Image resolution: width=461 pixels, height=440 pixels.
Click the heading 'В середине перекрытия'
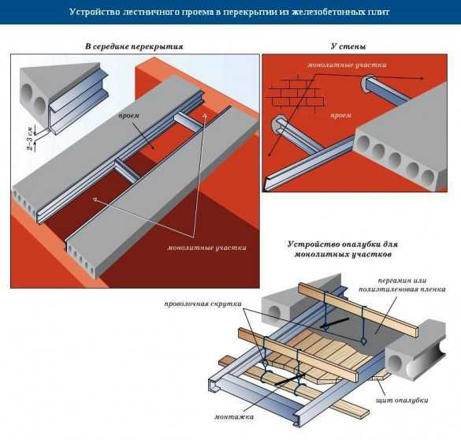click(134, 47)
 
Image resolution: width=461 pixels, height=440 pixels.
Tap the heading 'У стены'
click(348, 47)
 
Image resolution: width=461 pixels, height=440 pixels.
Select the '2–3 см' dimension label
click(31, 138)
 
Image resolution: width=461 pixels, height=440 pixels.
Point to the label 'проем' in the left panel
click(128, 115)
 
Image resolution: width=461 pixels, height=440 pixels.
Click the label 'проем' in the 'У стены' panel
click(340, 115)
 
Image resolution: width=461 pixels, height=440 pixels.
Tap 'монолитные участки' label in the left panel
click(206, 248)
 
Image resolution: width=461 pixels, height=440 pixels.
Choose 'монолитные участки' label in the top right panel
click(347, 65)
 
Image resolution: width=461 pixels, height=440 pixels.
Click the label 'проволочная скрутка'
click(203, 304)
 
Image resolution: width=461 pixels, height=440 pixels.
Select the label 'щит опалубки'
click(402, 400)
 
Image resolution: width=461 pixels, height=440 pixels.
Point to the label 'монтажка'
click(234, 417)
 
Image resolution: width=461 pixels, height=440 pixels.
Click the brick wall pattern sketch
click(295, 93)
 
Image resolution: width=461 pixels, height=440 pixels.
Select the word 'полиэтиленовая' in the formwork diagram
click(385, 289)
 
